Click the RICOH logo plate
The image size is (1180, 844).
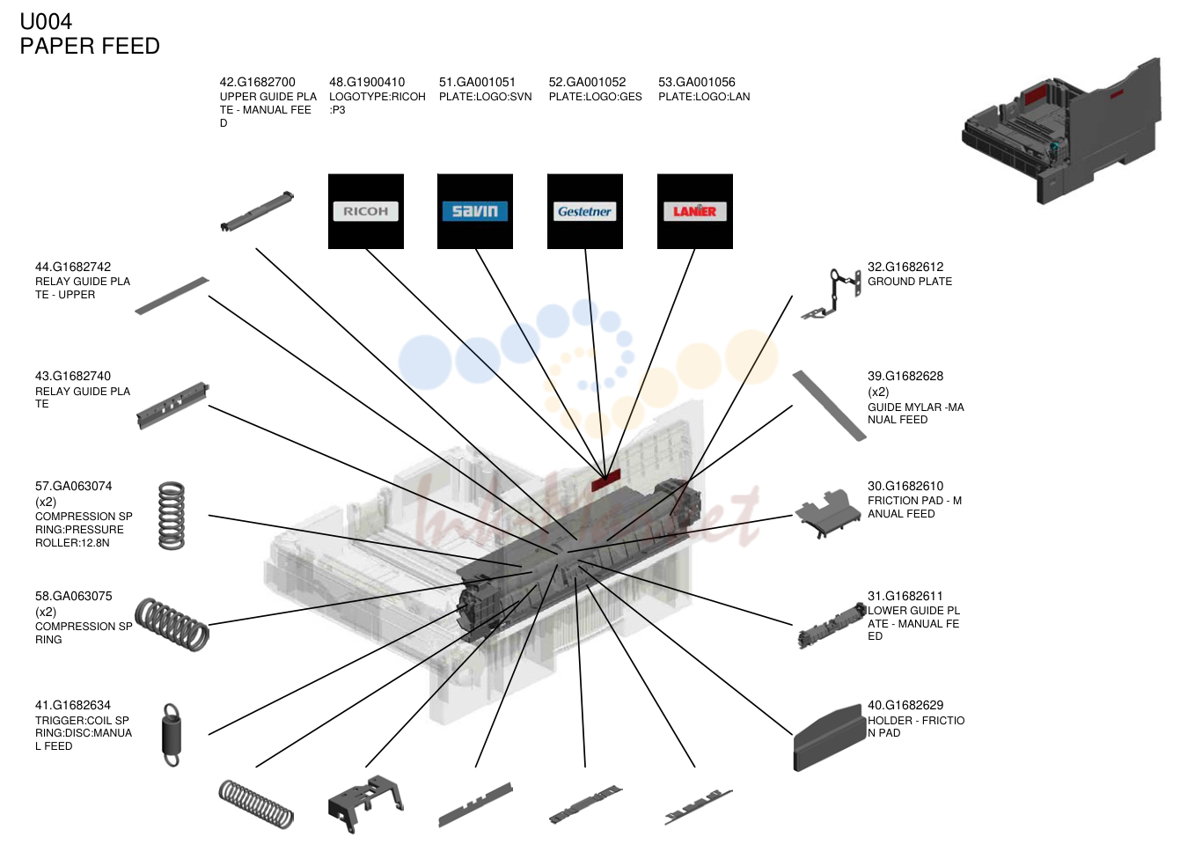pyautogui.click(x=366, y=211)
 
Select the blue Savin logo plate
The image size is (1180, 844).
pyautogui.click(x=475, y=211)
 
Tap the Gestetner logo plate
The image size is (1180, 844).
pyautogui.click(x=585, y=211)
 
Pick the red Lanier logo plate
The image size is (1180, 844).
pyautogui.click(x=695, y=211)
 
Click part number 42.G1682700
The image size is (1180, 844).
pyautogui.click(x=258, y=82)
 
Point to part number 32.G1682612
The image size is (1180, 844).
pyautogui.click(x=905, y=268)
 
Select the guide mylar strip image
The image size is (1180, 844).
pyautogui.click(x=829, y=405)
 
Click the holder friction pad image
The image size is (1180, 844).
pyautogui.click(x=827, y=738)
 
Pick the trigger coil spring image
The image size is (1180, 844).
pyautogui.click(x=172, y=735)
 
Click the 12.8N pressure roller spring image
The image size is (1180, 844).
pyautogui.click(x=172, y=516)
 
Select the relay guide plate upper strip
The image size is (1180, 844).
pyautogui.click(x=172, y=296)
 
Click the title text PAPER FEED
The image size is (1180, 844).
pyautogui.click(x=90, y=47)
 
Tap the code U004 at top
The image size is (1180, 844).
pyautogui.click(x=46, y=22)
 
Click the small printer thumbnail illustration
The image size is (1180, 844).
pyautogui.click(x=1061, y=131)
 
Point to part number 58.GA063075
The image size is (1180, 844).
pyautogui.click(x=74, y=597)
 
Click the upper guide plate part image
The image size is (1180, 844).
pyautogui.click(x=257, y=211)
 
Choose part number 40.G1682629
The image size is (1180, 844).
pyautogui.click(x=905, y=706)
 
